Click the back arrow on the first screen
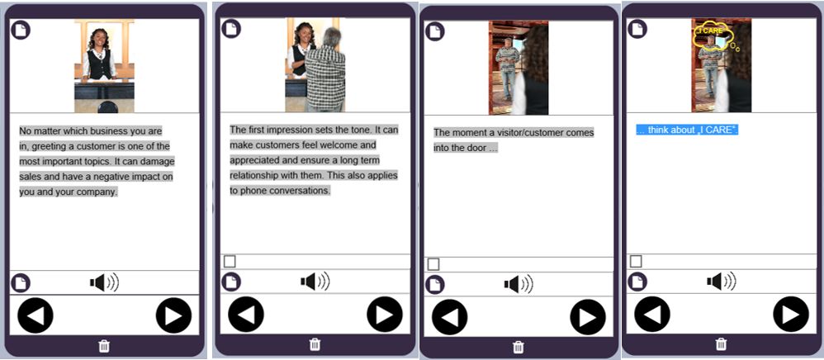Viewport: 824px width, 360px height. coord(36,315)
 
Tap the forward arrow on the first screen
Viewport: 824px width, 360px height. coord(173,315)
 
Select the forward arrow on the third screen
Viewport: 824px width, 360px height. coord(588,317)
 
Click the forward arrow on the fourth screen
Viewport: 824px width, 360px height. coord(790,315)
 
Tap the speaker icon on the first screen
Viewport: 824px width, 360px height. coord(104,282)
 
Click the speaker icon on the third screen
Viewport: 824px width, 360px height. coord(519,284)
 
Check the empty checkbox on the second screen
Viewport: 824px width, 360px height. coord(230,261)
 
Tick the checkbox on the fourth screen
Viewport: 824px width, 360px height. coord(636,261)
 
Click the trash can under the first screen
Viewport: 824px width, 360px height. coord(104,346)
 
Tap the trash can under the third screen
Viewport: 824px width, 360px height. coord(519,347)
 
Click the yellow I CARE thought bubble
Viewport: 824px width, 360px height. coord(713,34)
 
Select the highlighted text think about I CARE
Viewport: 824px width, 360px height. coord(688,130)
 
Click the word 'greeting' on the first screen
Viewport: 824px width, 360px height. coord(48,146)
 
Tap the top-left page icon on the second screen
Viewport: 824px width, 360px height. coord(230,28)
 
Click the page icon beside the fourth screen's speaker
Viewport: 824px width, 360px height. coord(637,282)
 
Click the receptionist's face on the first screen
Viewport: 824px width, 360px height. coord(99,40)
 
